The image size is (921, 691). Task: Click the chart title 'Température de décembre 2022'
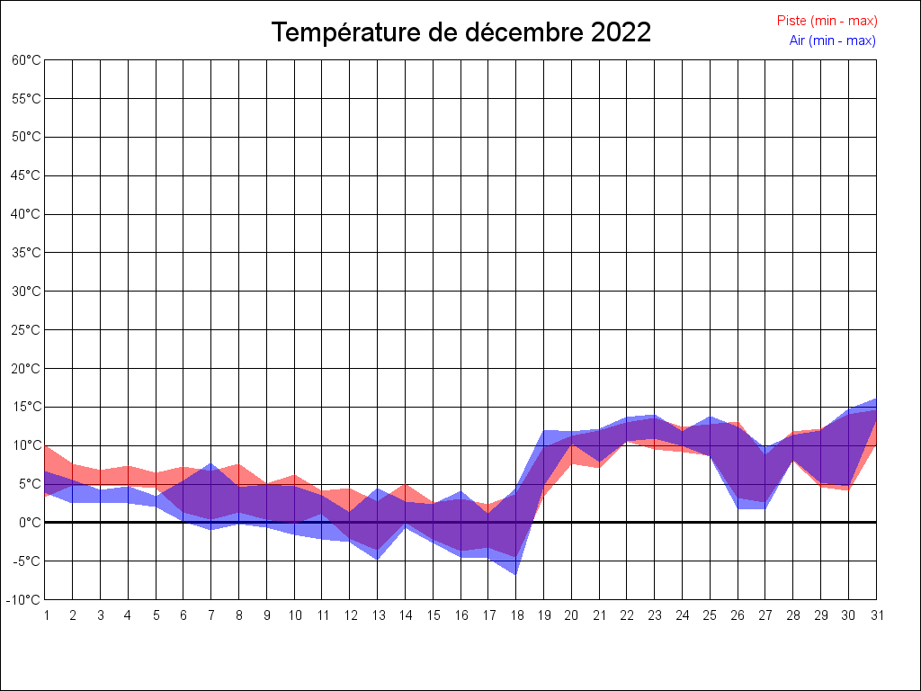click(461, 33)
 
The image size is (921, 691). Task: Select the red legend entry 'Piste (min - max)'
click(827, 21)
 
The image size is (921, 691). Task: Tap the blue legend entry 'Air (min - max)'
click(832, 40)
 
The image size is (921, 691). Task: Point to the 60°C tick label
click(26, 60)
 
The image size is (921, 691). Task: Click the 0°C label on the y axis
click(30, 523)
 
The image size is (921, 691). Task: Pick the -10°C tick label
click(24, 600)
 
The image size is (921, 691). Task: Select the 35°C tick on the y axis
click(26, 253)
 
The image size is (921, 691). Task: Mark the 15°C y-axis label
click(26, 407)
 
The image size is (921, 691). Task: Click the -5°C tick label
click(26, 561)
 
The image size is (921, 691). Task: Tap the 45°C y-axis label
click(26, 175)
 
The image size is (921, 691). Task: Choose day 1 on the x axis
click(46, 615)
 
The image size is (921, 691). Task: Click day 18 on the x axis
click(516, 615)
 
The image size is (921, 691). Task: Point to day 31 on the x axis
click(876, 615)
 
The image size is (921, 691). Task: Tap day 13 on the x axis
click(378, 615)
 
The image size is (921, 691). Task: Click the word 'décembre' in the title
click(523, 33)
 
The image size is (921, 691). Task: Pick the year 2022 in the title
click(621, 33)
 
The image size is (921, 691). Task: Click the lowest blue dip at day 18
click(516, 573)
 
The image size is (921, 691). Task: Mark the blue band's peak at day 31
click(875, 399)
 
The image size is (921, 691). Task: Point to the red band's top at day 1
click(46, 446)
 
